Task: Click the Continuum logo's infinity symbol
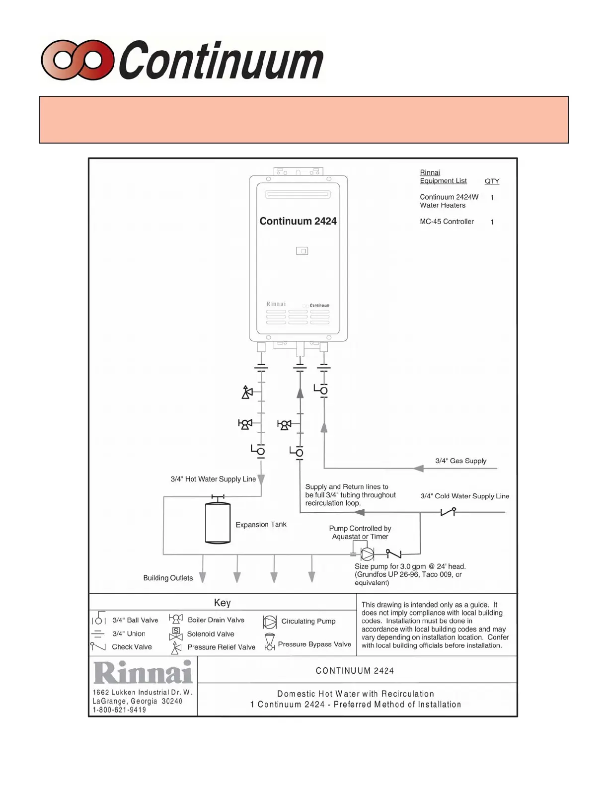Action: click(77, 60)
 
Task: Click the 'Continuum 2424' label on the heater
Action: click(298, 221)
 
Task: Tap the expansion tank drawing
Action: click(218, 523)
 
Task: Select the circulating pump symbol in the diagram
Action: click(367, 553)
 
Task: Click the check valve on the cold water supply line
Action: click(449, 511)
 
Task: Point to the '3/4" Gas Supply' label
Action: click(460, 461)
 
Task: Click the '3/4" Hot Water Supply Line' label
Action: click(213, 479)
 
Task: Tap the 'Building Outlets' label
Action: click(168, 578)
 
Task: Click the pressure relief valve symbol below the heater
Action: click(247, 392)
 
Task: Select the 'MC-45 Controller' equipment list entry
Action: click(447, 222)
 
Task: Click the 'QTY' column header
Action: click(492, 181)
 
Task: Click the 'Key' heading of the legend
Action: click(222, 603)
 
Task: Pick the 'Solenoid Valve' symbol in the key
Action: click(176, 633)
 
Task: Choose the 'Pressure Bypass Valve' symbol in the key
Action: click(270, 642)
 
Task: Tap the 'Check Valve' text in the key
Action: click(132, 647)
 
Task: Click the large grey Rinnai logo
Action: click(143, 672)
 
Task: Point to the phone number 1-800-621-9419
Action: click(119, 710)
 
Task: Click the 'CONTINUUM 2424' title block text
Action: click(355, 671)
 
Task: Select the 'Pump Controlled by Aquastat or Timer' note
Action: click(360, 532)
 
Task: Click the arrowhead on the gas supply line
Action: click(419, 468)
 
